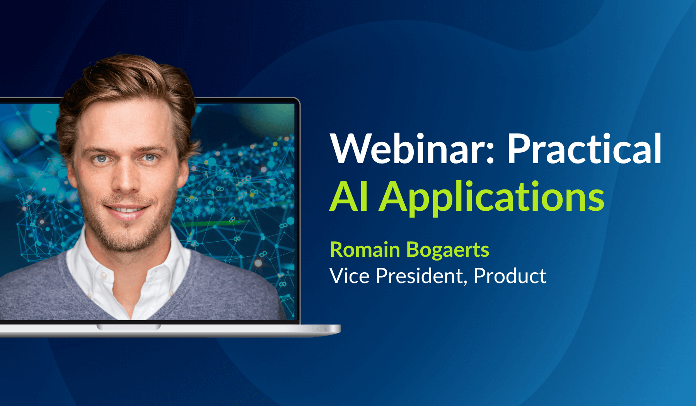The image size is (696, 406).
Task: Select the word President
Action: (419, 276)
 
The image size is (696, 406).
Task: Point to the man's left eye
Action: (150, 157)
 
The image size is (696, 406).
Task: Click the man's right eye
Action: (101, 159)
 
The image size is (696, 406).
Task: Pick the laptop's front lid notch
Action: (128, 327)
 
